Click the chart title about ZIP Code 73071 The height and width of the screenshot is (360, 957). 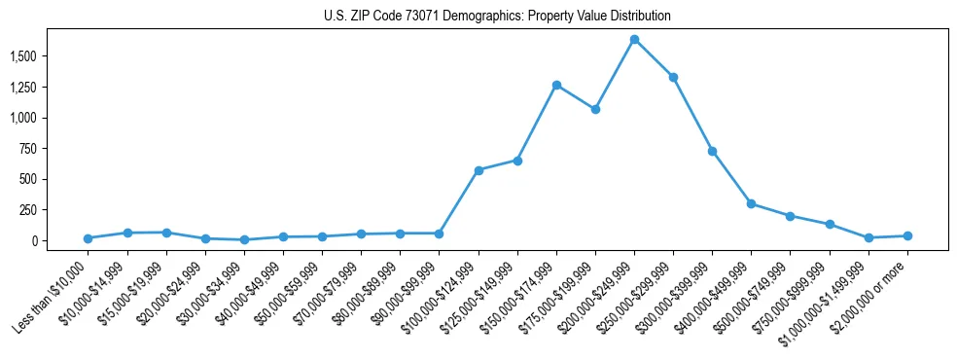[497, 17]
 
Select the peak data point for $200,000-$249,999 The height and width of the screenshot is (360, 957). [634, 40]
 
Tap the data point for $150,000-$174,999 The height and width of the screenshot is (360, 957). [556, 85]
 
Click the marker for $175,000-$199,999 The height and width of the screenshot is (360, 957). [595, 109]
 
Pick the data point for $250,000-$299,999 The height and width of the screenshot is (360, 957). [673, 77]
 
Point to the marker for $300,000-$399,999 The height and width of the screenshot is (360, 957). [712, 151]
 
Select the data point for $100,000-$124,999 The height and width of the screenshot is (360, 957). [478, 170]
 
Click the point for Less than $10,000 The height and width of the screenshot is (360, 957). [89, 238]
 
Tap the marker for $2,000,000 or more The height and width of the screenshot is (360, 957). [907, 235]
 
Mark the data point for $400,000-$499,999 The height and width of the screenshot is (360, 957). [751, 203]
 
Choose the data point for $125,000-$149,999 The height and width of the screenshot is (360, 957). [517, 161]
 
